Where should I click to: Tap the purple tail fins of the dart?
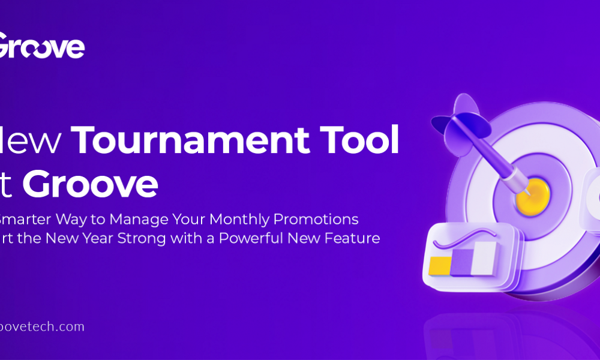[456, 118]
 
